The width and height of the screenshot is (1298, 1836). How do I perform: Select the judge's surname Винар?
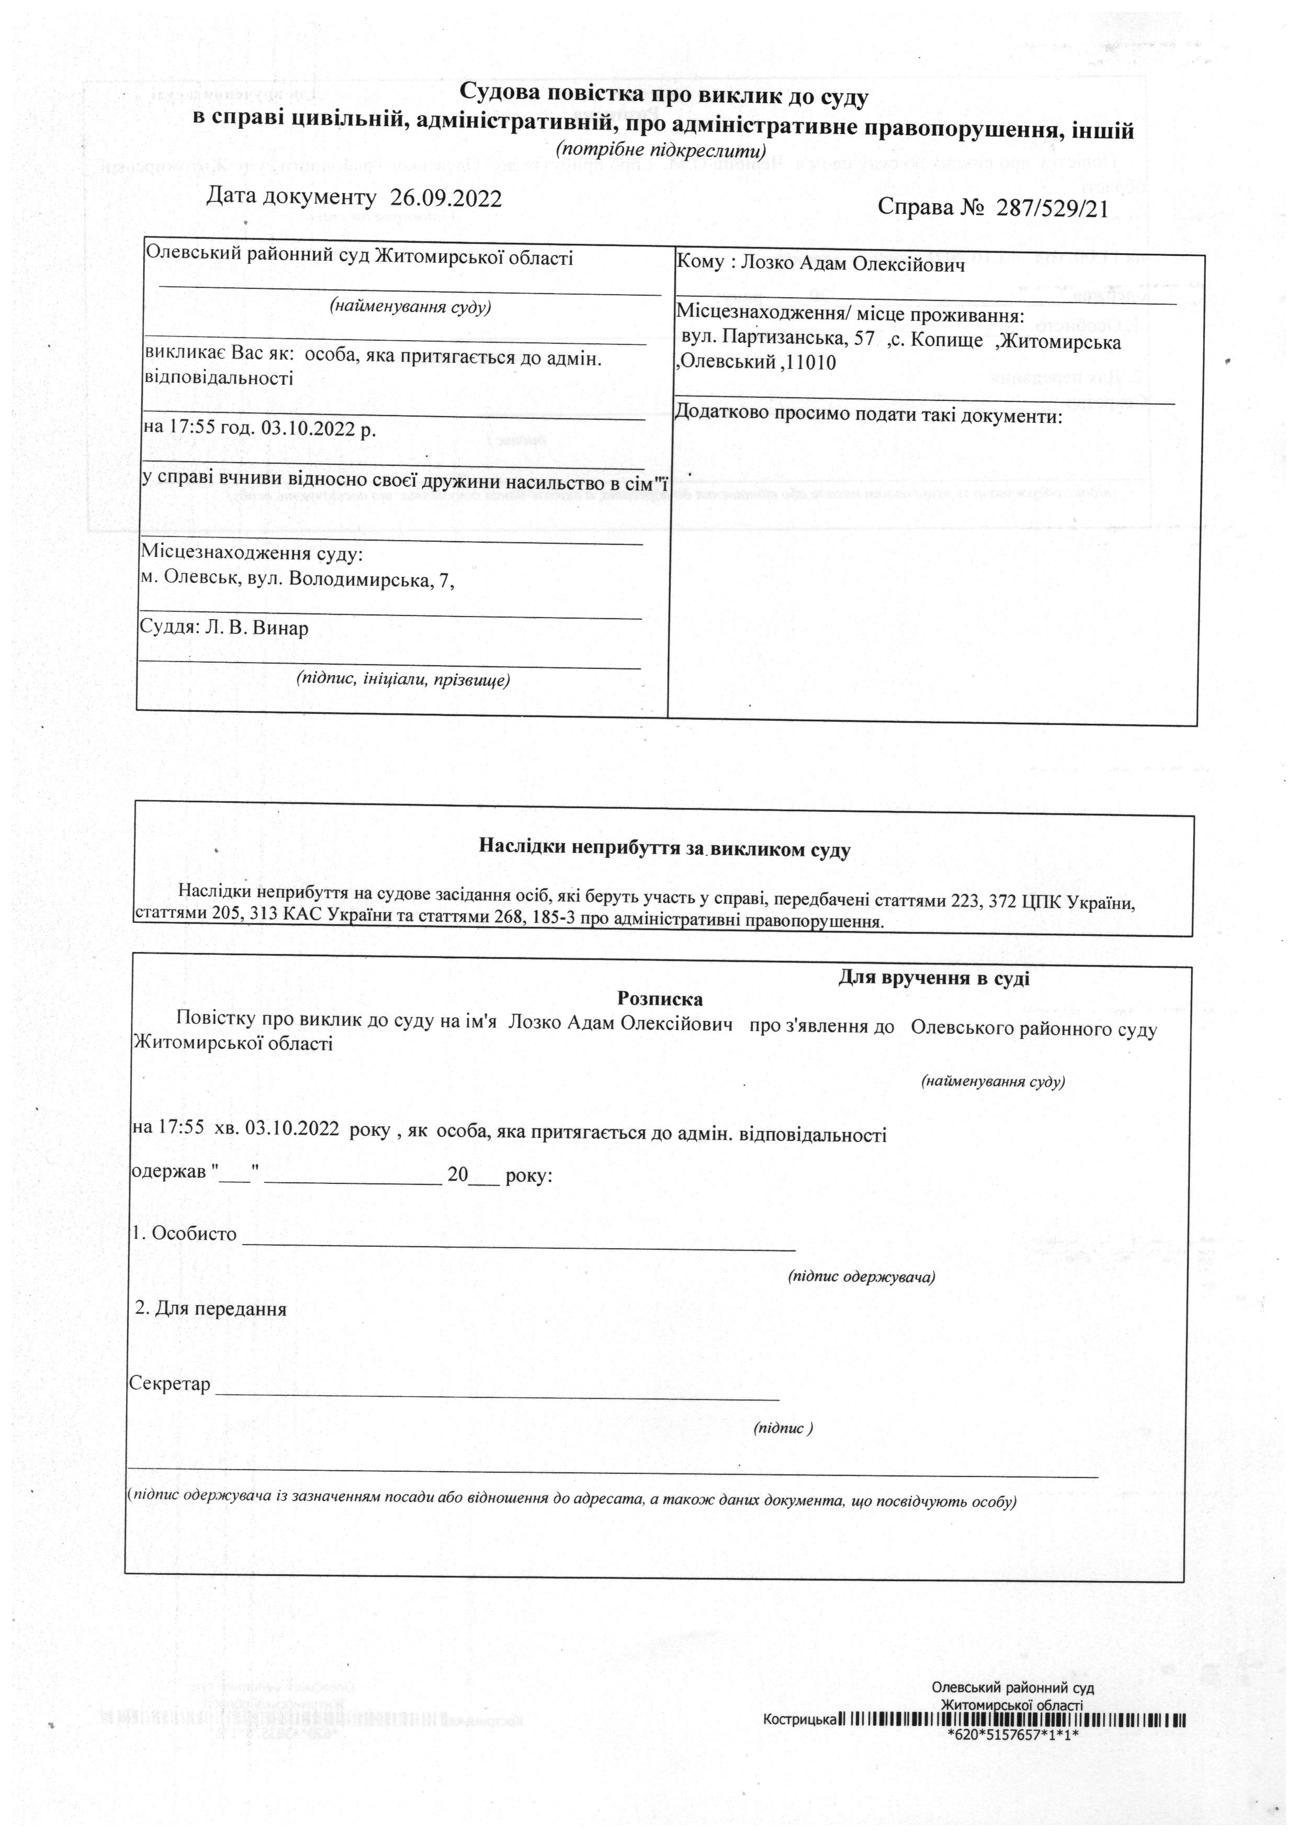point(280,628)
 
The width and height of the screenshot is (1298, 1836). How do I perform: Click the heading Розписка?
point(660,999)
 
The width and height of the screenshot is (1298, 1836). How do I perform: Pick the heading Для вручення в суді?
point(933,978)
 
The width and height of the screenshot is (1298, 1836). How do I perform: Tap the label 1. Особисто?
point(185,1234)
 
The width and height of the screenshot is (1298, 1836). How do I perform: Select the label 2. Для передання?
point(211,1309)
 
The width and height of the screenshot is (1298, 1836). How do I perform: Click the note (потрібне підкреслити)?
point(661,150)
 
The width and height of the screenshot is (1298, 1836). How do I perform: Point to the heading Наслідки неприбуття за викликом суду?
point(664,849)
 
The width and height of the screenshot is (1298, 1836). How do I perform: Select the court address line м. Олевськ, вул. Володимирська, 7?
point(297,580)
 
